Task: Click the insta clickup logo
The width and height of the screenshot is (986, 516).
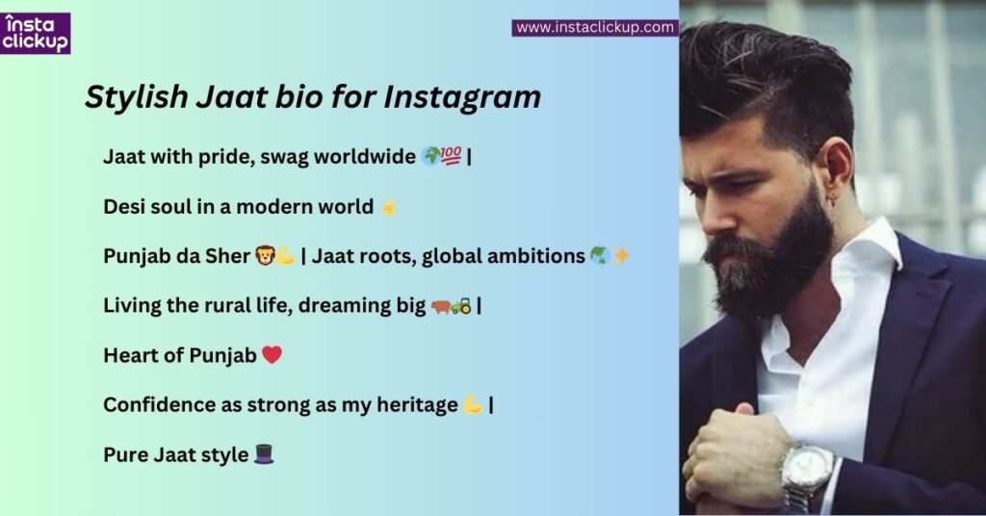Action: (x=35, y=34)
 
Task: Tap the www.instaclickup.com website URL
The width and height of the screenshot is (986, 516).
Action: (x=595, y=28)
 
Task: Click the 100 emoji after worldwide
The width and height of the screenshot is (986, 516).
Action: (x=452, y=156)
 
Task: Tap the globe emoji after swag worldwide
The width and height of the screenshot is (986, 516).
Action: (x=431, y=156)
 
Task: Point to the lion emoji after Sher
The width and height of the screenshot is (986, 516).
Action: (x=265, y=256)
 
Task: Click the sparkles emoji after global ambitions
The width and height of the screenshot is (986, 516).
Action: (x=621, y=256)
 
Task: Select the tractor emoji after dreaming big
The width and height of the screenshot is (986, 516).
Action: (x=461, y=306)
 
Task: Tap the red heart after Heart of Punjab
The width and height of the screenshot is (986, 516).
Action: (x=272, y=355)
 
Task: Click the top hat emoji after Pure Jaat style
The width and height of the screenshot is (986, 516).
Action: (x=264, y=454)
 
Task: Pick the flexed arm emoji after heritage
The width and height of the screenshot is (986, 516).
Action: (x=473, y=405)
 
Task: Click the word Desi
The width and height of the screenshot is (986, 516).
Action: (x=123, y=206)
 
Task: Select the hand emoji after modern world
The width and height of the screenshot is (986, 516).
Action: (x=388, y=206)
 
